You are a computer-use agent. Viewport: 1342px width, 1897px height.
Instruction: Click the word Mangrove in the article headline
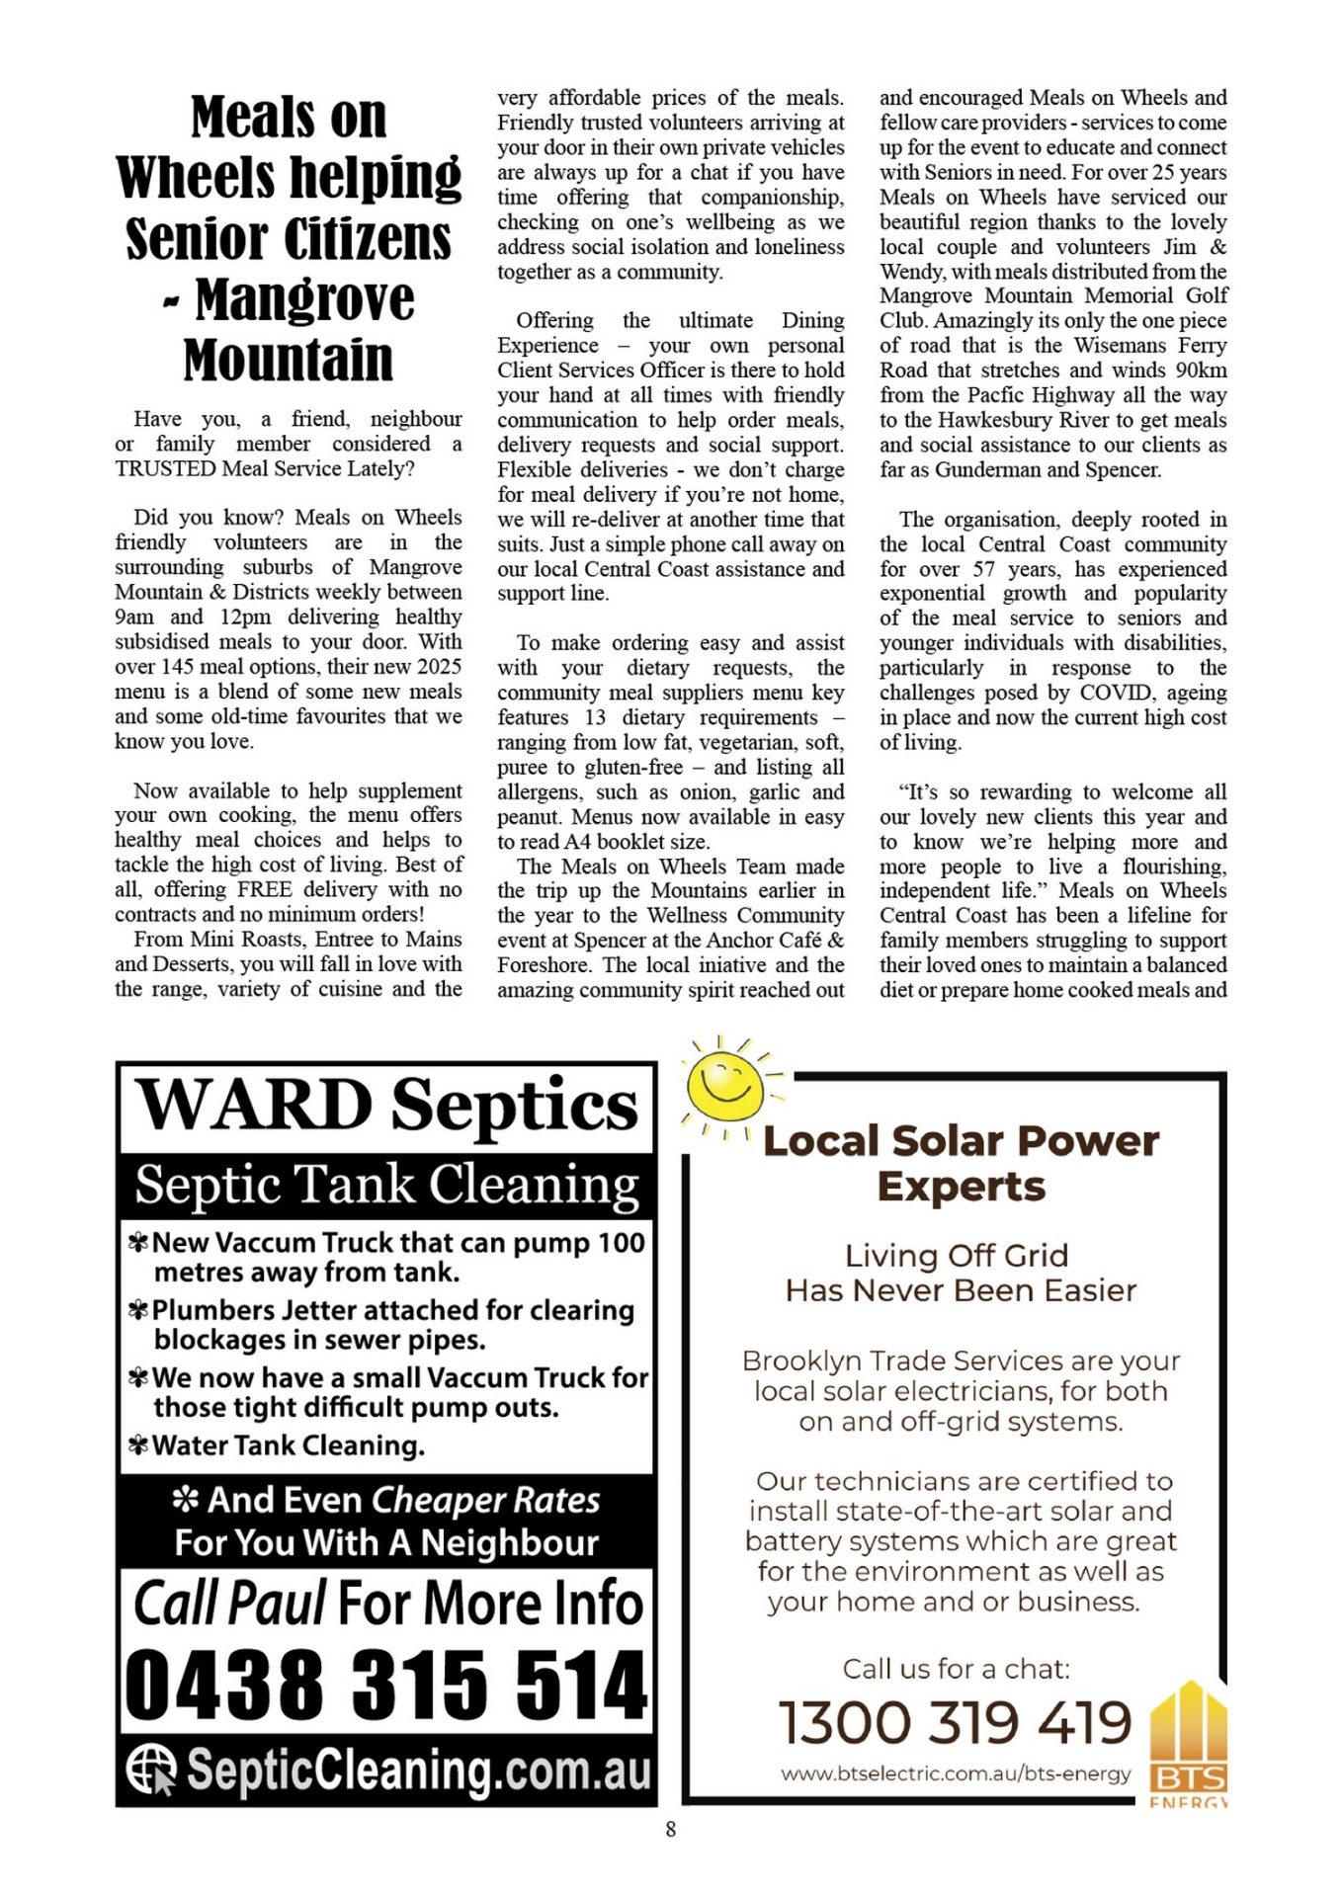pos(304,299)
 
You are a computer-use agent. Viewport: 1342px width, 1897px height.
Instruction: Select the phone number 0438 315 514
pos(386,1683)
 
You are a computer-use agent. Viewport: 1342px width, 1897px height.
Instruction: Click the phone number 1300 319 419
pos(955,1722)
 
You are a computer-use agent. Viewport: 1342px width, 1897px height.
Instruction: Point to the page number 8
pos(671,1830)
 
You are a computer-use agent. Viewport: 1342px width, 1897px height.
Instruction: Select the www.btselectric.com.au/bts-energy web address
pos(956,1773)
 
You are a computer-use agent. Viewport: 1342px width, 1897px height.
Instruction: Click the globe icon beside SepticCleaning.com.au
pos(151,1769)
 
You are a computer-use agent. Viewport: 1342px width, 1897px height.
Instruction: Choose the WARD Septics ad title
pos(386,1105)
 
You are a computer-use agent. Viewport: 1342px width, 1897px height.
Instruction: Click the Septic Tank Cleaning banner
pos(386,1185)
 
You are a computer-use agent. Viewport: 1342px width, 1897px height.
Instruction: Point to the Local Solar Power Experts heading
pos(961,1163)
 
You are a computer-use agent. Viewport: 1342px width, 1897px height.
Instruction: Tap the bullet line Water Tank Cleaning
pos(288,1445)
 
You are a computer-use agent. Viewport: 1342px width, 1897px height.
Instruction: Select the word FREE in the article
pos(265,889)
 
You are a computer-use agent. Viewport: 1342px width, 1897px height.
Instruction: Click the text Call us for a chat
pos(956,1670)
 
